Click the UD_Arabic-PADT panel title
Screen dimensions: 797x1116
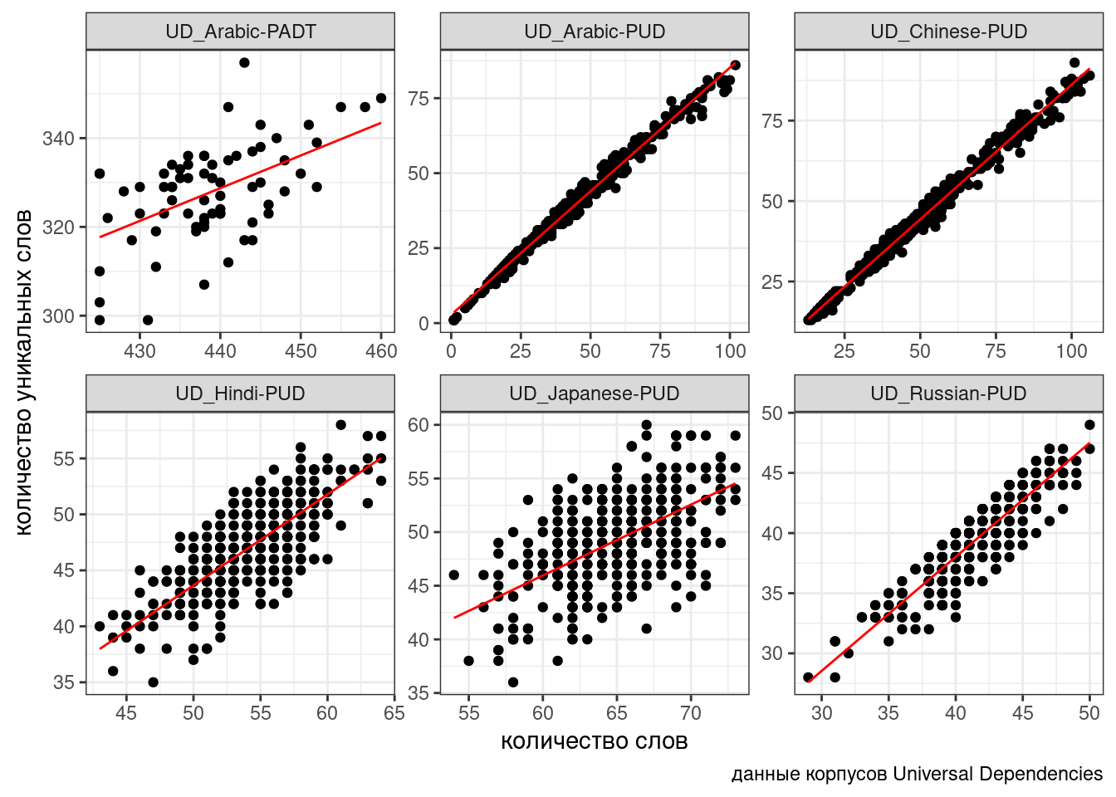(240, 32)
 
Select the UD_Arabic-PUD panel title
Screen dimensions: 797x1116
(595, 32)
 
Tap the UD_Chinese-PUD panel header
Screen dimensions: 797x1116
(948, 32)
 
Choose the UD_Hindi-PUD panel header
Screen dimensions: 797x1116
(240, 394)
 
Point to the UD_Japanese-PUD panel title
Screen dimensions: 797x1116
(595, 394)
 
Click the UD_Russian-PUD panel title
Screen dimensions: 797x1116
(948, 394)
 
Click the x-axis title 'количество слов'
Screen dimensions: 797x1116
(595, 741)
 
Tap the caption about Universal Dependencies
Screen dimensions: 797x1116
(917, 774)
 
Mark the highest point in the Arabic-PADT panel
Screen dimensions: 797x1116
(244, 62)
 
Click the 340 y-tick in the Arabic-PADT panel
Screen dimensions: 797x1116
(58, 138)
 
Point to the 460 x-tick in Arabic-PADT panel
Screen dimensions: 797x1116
(381, 351)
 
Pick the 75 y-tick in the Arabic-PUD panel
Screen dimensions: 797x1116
(418, 98)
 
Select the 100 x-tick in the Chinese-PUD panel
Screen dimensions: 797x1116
(1071, 351)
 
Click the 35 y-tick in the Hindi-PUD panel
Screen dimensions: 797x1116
(64, 682)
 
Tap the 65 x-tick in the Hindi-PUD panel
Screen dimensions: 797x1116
(394, 713)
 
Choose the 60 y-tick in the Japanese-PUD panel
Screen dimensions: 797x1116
(418, 424)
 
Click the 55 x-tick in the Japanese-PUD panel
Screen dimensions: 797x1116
(469, 713)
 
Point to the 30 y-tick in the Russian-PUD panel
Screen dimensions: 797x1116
(772, 653)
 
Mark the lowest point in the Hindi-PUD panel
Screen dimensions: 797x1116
(153, 682)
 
